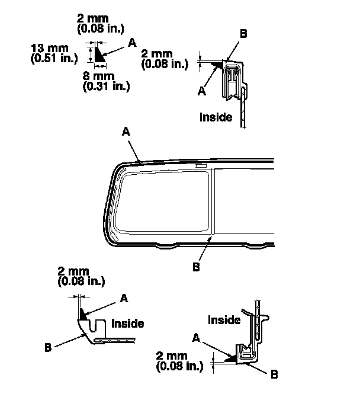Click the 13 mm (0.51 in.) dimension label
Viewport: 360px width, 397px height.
click(x=54, y=53)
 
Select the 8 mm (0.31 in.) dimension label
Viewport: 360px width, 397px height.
click(x=106, y=82)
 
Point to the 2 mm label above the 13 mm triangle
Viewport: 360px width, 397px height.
click(x=101, y=24)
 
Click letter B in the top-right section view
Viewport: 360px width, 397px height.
click(x=243, y=34)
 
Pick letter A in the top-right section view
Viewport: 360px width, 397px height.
click(x=202, y=91)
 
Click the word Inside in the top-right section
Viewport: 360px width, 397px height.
click(x=216, y=117)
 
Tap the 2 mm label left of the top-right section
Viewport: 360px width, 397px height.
click(x=165, y=59)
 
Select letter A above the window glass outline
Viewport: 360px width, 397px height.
click(x=126, y=132)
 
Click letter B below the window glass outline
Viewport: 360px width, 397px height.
click(x=196, y=267)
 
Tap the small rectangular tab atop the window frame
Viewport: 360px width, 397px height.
click(x=201, y=166)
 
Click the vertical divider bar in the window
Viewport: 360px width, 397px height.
click(x=214, y=201)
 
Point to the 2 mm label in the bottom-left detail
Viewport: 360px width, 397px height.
click(x=81, y=277)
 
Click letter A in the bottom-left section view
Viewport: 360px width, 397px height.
click(x=124, y=298)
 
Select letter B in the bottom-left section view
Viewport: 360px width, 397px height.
click(x=48, y=347)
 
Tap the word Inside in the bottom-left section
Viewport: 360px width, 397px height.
click(x=128, y=324)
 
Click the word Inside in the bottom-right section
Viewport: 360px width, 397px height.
click(x=224, y=320)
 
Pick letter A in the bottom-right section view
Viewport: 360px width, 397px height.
click(x=197, y=338)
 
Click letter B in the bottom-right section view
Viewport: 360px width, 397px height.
click(x=274, y=374)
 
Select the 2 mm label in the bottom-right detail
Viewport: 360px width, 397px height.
click(x=179, y=361)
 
